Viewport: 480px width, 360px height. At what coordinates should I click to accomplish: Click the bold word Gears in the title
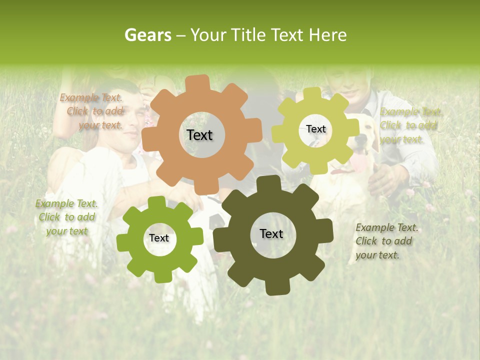pyautogui.click(x=147, y=35)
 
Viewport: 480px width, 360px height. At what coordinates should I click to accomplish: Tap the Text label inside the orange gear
pyautogui.click(x=199, y=135)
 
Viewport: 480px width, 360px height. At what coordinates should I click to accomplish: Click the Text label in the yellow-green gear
pyautogui.click(x=315, y=129)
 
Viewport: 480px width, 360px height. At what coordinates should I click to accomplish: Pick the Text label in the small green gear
pyautogui.click(x=159, y=238)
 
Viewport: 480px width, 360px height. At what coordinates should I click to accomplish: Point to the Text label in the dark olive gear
pyautogui.click(x=271, y=233)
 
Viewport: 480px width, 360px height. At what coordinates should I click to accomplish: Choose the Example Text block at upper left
pyautogui.click(x=91, y=111)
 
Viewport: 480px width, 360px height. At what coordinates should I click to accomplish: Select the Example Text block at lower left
pyautogui.click(x=66, y=217)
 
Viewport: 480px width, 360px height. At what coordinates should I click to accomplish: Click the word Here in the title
pyautogui.click(x=327, y=35)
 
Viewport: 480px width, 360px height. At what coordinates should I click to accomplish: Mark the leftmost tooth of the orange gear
pyautogui.click(x=148, y=139)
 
